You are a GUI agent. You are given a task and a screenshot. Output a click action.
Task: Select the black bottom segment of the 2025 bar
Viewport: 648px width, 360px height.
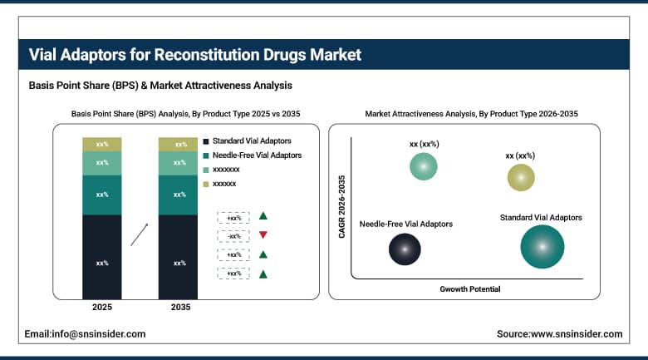tap(102, 263)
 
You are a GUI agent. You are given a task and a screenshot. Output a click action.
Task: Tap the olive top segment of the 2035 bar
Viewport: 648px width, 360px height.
tap(179, 144)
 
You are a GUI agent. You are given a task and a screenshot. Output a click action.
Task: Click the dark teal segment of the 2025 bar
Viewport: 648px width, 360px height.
tap(102, 195)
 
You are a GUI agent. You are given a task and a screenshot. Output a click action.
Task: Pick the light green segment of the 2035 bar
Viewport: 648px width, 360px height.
tap(179, 163)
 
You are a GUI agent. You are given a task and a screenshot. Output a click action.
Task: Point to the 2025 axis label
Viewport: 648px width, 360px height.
tap(102, 308)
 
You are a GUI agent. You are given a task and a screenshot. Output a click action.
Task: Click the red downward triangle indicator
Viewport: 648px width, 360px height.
tap(263, 235)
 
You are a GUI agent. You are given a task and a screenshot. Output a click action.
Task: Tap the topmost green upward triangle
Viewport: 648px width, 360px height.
tap(263, 216)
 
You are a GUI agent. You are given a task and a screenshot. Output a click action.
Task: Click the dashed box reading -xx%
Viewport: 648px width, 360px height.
tap(233, 236)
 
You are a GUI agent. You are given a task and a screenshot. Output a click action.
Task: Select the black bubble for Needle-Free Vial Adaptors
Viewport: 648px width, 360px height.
tap(405, 248)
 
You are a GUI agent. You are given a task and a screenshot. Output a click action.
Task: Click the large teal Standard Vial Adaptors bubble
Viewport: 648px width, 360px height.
tap(542, 247)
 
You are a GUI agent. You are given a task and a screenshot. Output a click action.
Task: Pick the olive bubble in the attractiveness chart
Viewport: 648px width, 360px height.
tap(521, 177)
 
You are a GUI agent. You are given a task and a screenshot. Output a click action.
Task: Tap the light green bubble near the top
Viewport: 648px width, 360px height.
tap(424, 166)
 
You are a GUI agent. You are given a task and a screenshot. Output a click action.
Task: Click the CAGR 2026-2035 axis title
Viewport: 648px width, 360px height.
tap(341, 207)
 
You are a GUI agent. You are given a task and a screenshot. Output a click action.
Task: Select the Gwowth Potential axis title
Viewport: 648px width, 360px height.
tap(470, 288)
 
